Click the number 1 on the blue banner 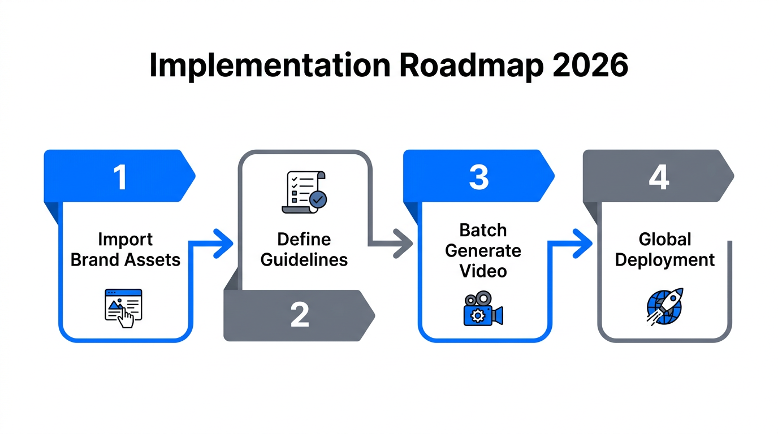click(120, 177)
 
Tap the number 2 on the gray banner click(300, 315)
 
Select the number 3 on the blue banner click(478, 177)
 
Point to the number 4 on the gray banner click(659, 177)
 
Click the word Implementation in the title click(269, 67)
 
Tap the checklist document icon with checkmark click(303, 192)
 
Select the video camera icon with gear click(482, 309)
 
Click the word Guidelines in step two click(304, 259)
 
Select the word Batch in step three click(483, 230)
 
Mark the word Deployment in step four click(665, 260)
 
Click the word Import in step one click(126, 239)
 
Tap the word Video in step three click(483, 271)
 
